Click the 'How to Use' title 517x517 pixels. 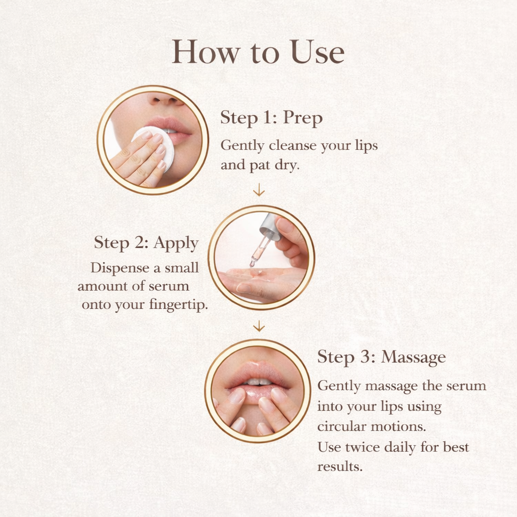[x=258, y=52]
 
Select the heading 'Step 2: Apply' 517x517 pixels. [x=146, y=242]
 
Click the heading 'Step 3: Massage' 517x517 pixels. [x=381, y=357]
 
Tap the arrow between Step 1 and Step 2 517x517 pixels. [x=258, y=190]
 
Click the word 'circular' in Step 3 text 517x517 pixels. [x=337, y=426]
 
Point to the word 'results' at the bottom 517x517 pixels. [x=339, y=467]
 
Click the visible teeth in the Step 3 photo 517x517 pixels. [x=258, y=382]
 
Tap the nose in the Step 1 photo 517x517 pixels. [x=167, y=99]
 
